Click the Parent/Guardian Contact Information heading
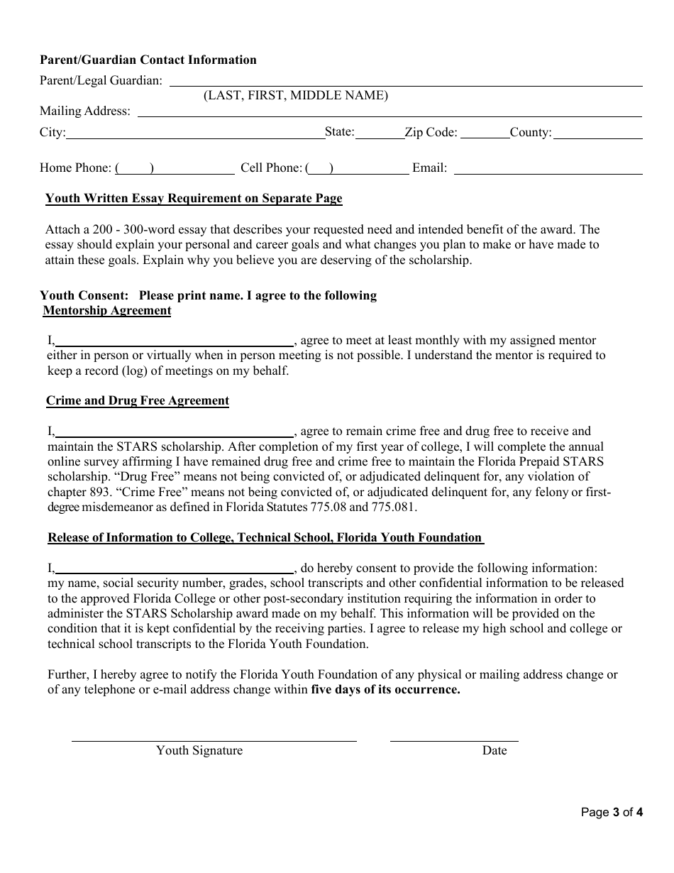click(x=148, y=60)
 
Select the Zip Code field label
click(x=431, y=133)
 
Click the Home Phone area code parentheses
click(x=135, y=168)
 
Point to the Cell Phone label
click(x=271, y=168)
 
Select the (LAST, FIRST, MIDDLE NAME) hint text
click(x=296, y=96)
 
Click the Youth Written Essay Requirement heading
click(x=194, y=199)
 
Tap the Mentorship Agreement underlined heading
click(x=107, y=311)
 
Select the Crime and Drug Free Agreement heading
click(x=138, y=401)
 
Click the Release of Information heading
click(x=265, y=538)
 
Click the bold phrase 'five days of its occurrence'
click(x=386, y=690)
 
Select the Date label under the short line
click(x=495, y=751)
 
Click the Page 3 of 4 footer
click(x=612, y=813)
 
